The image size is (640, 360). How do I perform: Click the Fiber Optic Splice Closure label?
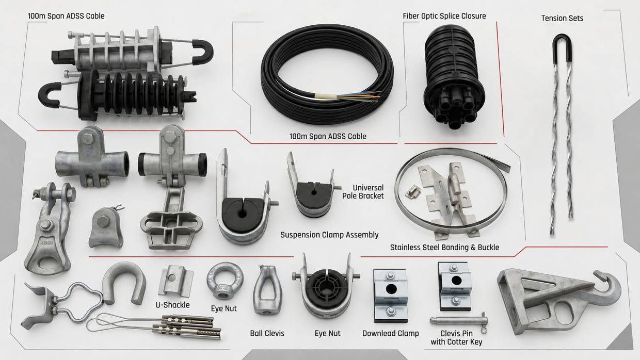tap(444, 16)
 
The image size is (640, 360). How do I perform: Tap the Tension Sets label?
tap(562, 18)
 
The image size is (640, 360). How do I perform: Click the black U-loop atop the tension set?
tap(562, 49)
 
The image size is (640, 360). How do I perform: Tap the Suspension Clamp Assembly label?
tap(329, 235)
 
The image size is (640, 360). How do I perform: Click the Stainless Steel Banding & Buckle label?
tap(444, 248)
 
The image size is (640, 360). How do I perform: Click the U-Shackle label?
tap(172, 305)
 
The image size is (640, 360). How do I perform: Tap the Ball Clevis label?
tap(267, 333)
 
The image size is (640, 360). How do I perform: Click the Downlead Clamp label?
tap(390, 333)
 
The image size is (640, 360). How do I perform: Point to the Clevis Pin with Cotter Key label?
tap(456, 337)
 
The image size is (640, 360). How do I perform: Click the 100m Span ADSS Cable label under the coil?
tap(328, 137)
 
